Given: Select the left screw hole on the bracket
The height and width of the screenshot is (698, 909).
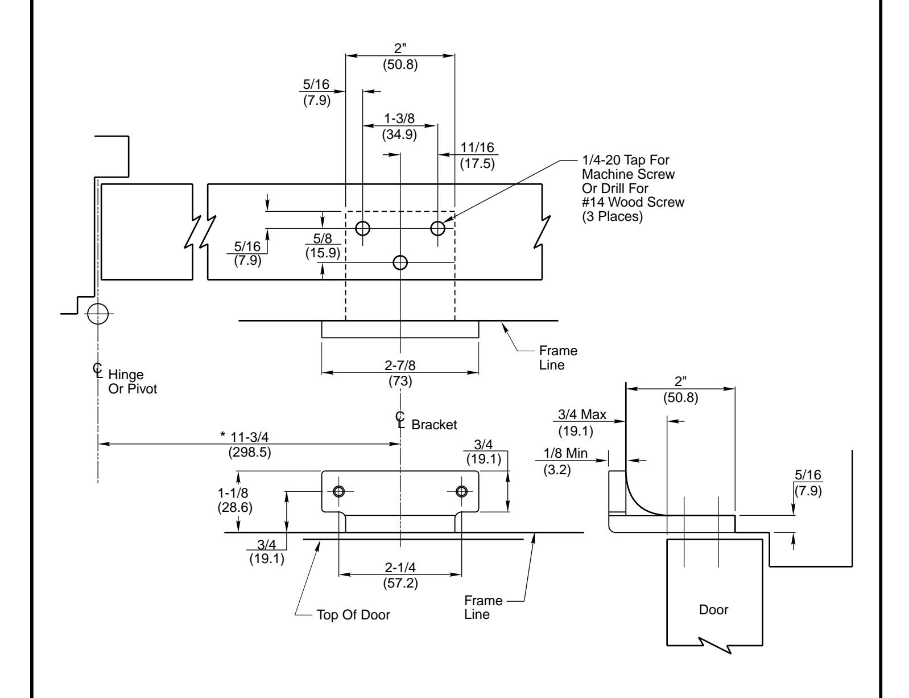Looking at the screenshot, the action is coord(339,491).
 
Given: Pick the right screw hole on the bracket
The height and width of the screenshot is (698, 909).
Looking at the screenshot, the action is coord(461,491).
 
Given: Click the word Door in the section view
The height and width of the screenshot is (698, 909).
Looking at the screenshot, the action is coord(713,610).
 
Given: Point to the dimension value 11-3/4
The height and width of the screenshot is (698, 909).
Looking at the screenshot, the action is coord(250,437).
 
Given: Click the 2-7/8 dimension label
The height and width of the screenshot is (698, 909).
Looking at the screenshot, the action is coord(400,366).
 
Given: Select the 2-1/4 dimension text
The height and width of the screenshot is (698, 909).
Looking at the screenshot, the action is coord(400,568).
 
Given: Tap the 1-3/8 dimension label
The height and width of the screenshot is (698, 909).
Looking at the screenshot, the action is coord(399,118).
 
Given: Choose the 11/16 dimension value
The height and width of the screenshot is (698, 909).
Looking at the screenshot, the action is coord(477,147).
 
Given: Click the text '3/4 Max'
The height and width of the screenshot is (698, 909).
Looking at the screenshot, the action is coord(582,414).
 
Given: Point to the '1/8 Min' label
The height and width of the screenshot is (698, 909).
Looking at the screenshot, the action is coord(565,453).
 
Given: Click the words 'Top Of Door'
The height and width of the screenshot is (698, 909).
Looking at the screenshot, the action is coord(353,615).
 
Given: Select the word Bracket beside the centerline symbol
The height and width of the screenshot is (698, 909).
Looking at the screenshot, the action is coord(434,425).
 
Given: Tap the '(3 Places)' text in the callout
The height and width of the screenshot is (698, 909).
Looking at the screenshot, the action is coord(613,216).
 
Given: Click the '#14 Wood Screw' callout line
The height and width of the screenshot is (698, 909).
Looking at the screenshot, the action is coord(633,202).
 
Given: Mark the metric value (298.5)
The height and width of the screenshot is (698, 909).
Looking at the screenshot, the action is coord(250,453).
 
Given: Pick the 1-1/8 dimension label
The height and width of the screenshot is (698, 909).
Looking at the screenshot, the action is coord(233,493).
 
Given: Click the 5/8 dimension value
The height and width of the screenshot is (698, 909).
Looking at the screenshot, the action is coord(323,238).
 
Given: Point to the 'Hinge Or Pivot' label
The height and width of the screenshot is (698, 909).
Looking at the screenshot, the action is coord(132,381).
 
